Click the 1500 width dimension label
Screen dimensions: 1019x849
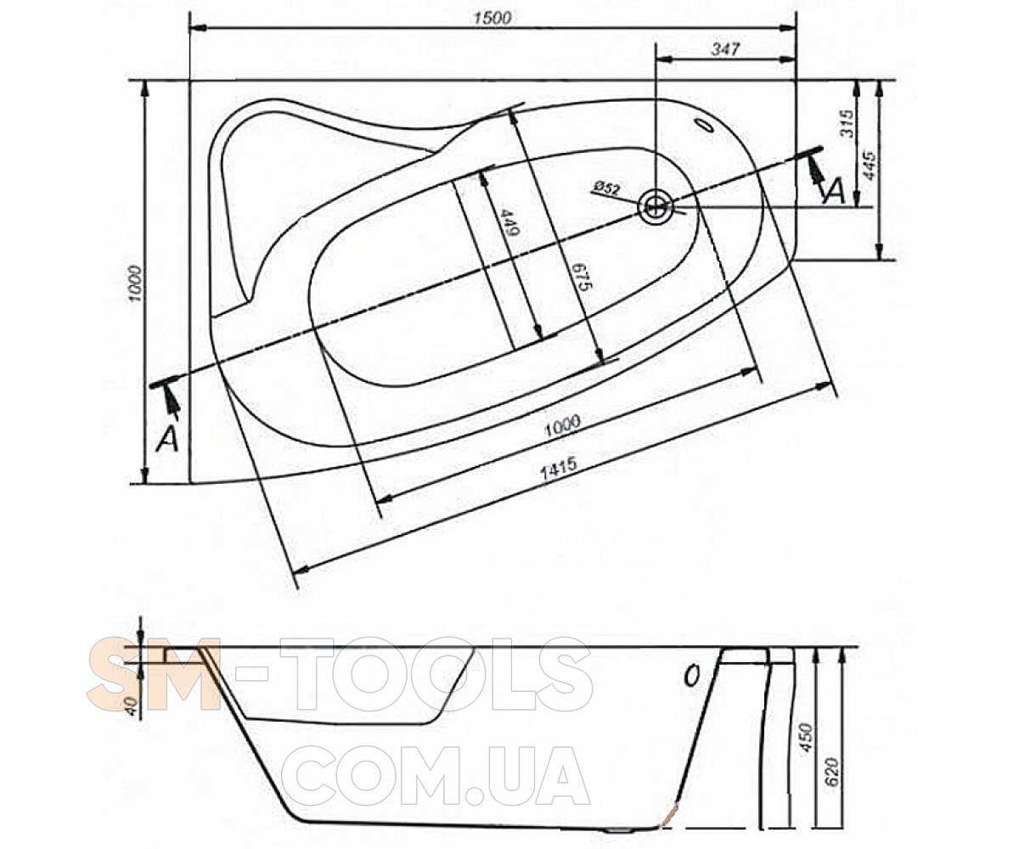click(x=493, y=19)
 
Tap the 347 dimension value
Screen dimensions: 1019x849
click(x=726, y=49)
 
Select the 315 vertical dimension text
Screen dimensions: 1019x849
click(x=847, y=123)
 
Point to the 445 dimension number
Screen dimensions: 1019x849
click(x=871, y=166)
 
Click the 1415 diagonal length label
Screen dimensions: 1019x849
click(x=560, y=469)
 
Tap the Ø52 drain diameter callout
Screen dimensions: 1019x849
click(x=606, y=188)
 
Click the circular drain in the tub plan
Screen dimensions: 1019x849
click(x=656, y=207)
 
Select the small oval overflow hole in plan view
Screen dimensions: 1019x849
click(x=704, y=125)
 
